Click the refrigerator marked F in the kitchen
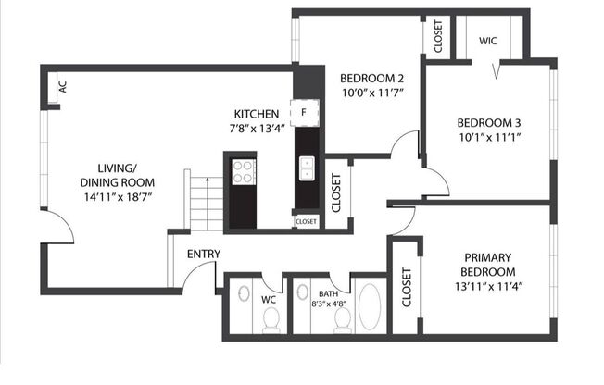304,112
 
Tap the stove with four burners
243,171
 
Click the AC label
63,87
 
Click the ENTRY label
203,255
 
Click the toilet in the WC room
271,319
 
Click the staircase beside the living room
205,202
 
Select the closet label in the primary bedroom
407,288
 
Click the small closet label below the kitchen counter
306,222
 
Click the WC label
269,299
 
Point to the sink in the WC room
243,294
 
